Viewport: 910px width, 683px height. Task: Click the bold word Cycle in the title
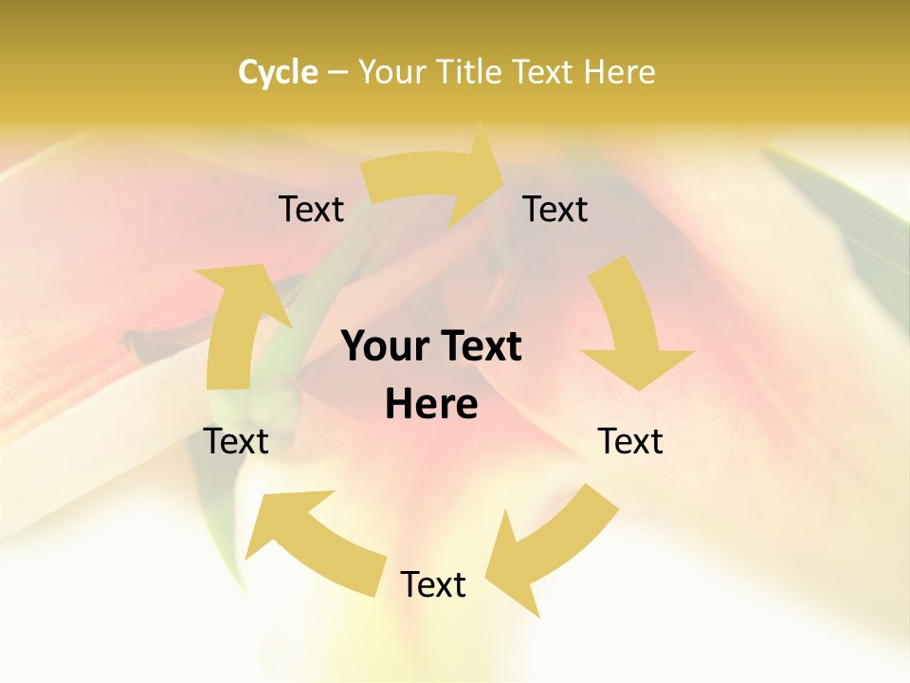pos(278,72)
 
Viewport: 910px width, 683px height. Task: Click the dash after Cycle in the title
pos(337,72)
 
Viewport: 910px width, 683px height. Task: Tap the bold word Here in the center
pos(431,405)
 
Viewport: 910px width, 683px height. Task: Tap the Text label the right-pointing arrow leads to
pos(555,209)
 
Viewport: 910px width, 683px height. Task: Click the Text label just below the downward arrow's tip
pos(630,441)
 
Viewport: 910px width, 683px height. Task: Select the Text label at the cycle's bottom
pos(433,584)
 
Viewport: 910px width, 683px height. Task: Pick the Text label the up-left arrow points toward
pos(236,441)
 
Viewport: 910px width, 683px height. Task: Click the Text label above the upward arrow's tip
pos(311,209)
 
